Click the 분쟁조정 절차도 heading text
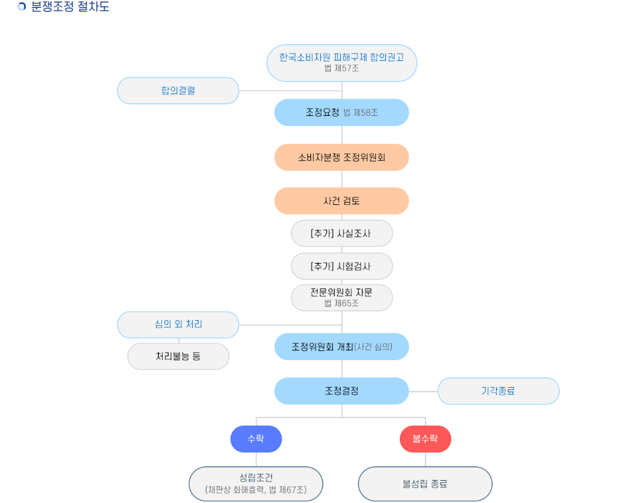pyautogui.click(x=70, y=7)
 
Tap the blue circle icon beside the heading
pyautogui.click(x=22, y=7)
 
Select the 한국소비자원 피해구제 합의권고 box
pyautogui.click(x=342, y=63)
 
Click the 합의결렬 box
pyautogui.click(x=178, y=91)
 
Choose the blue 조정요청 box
pyautogui.click(x=342, y=112)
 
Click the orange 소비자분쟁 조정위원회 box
pyautogui.click(x=342, y=157)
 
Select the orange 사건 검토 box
pyautogui.click(x=342, y=201)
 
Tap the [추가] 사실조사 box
pyautogui.click(x=342, y=233)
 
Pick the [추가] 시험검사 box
pyautogui.click(x=342, y=266)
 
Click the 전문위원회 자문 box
pyautogui.click(x=342, y=297)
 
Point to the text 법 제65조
pyautogui.click(x=342, y=303)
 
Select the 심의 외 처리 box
pyautogui.click(x=178, y=325)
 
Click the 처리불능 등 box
pyautogui.click(x=178, y=356)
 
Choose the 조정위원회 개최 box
pyautogui.click(x=342, y=346)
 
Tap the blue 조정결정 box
pyautogui.click(x=342, y=391)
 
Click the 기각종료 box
pyautogui.click(x=498, y=391)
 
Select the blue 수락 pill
pyautogui.click(x=256, y=439)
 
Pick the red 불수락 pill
pyautogui.click(x=425, y=439)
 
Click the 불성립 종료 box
pyautogui.click(x=425, y=483)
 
